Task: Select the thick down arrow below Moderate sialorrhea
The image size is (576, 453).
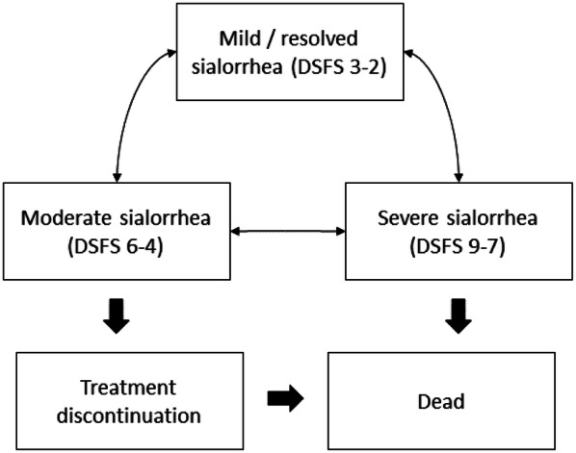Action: pos(116,315)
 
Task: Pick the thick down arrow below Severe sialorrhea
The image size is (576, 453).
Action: pos(455,315)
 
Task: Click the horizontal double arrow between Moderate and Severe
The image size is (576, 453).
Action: pos(289,231)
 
